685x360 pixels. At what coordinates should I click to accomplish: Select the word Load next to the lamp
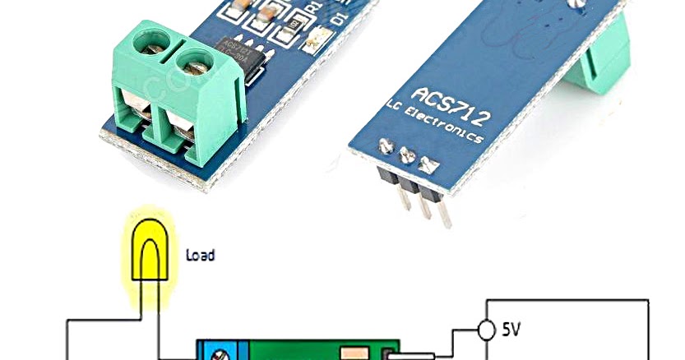click(x=200, y=255)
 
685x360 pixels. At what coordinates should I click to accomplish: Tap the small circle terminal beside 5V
click(x=487, y=329)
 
